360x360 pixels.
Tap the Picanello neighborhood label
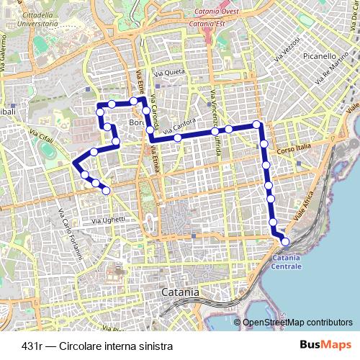(x=320, y=55)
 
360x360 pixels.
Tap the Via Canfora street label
(x=180, y=129)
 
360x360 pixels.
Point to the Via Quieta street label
(x=170, y=73)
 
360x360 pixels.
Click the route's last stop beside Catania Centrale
(x=285, y=243)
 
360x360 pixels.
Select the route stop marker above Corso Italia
(x=264, y=143)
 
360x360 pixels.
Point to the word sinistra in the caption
(x=153, y=346)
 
